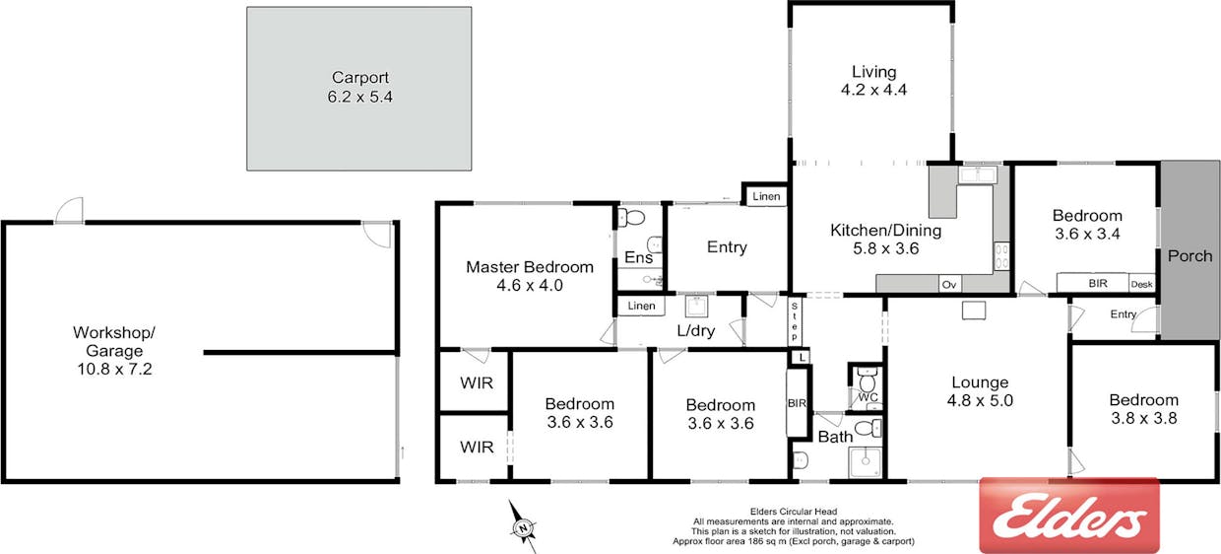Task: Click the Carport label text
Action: click(360, 78)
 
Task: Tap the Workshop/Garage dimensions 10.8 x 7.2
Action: click(114, 369)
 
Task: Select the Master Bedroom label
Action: click(530, 267)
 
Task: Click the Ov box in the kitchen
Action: click(949, 284)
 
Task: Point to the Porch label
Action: click(1189, 256)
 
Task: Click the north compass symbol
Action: click(523, 526)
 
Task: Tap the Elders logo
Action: click(1069, 516)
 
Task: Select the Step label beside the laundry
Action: click(795, 321)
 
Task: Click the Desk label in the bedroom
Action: click(1141, 284)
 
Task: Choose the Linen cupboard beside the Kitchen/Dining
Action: click(766, 196)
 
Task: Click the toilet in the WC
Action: click(867, 379)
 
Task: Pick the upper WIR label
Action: click(477, 383)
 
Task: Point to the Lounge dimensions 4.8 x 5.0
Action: click(980, 400)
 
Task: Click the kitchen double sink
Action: click(978, 175)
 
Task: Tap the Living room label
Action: click(873, 72)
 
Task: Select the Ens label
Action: click(638, 257)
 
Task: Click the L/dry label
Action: click(695, 331)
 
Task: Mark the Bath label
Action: click(835, 437)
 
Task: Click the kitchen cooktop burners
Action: click(1001, 256)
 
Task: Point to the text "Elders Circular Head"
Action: click(793, 512)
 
